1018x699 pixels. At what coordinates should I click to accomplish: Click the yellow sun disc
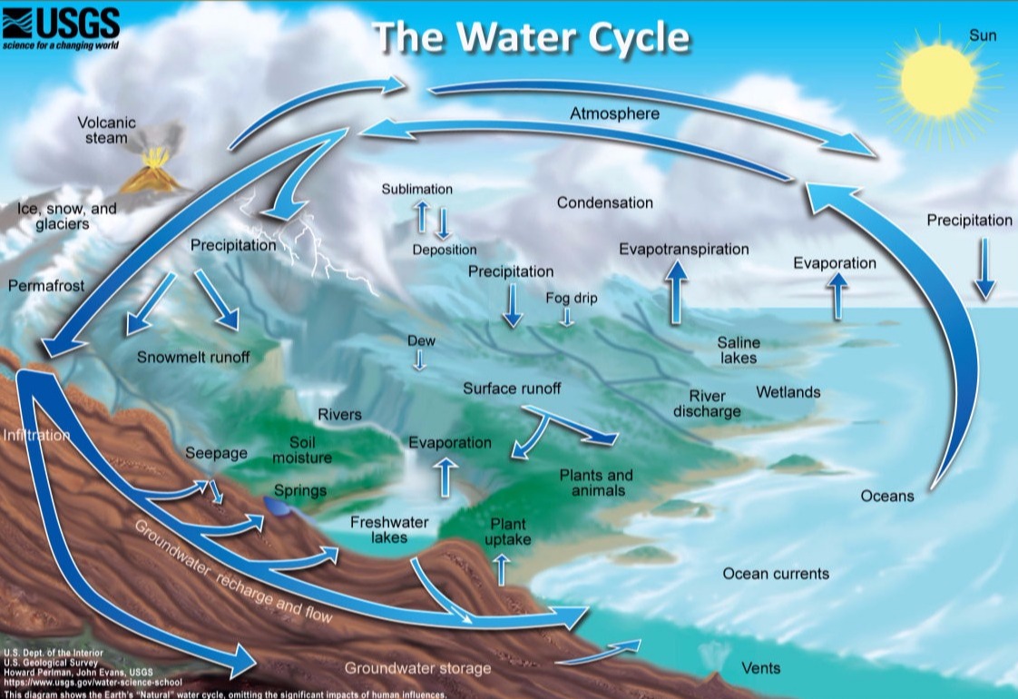(939, 81)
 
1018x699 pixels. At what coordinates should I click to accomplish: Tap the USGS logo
(61, 27)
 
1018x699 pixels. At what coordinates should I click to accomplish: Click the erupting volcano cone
(152, 178)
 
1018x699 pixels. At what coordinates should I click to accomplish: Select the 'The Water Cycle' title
(531, 37)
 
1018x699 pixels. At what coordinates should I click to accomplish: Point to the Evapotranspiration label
(683, 249)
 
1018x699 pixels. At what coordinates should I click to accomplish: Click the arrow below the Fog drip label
(567, 317)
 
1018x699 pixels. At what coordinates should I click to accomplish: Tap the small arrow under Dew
(419, 359)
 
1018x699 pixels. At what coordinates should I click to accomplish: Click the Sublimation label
(416, 189)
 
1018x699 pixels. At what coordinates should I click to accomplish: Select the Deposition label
(444, 250)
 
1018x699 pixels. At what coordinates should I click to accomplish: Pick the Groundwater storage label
(417, 668)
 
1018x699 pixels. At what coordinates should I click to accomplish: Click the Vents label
(761, 668)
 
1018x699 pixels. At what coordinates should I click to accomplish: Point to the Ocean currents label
(776, 574)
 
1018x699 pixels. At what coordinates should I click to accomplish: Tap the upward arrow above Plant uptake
(501, 570)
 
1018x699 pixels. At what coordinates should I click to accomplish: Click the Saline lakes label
(739, 350)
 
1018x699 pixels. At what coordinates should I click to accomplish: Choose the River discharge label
(707, 403)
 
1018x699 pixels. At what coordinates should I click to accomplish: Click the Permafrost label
(46, 285)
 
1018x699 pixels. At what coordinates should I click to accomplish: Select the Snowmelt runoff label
(193, 358)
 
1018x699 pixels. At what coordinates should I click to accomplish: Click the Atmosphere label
(614, 113)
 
